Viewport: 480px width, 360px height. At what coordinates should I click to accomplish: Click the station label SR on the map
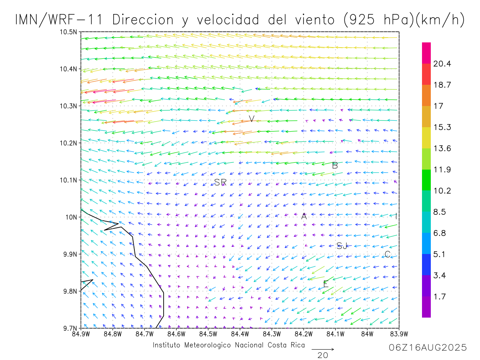[220, 182]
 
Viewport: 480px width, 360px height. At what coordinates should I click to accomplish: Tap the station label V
[252, 119]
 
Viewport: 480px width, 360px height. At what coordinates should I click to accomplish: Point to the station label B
[335, 165]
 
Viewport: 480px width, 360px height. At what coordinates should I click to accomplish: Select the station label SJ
[342, 246]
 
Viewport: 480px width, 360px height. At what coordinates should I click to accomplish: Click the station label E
[326, 284]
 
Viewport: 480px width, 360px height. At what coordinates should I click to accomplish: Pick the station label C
[387, 254]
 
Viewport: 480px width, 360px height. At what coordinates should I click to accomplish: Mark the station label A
[304, 216]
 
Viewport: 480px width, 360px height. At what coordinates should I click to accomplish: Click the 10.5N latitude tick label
[68, 32]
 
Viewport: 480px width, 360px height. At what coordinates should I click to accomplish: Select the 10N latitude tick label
[71, 217]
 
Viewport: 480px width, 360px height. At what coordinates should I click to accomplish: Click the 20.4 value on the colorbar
[442, 64]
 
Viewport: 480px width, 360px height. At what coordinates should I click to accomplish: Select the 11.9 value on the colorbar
[442, 170]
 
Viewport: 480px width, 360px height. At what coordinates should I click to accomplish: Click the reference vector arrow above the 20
[322, 349]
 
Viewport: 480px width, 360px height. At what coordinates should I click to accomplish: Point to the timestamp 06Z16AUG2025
[428, 348]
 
